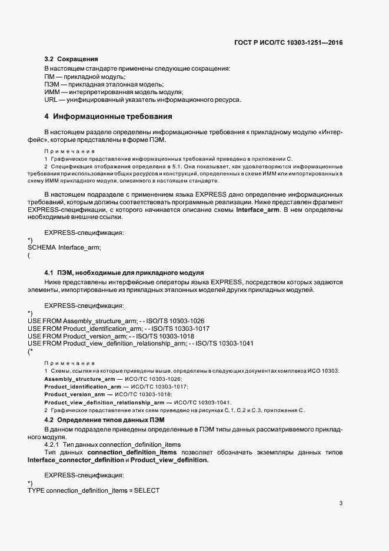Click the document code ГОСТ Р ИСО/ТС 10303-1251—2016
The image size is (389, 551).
click(x=288, y=43)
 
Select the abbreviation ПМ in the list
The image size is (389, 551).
click(x=49, y=77)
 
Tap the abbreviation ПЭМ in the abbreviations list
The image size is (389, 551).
click(x=52, y=85)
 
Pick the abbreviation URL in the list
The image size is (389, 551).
click(x=51, y=100)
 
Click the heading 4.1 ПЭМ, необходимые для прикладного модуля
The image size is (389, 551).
click(x=124, y=273)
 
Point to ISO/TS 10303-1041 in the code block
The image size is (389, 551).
click(x=225, y=344)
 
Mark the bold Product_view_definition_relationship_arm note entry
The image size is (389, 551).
click(x=103, y=402)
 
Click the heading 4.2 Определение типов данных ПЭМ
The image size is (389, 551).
click(x=105, y=419)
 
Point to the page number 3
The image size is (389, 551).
click(x=341, y=503)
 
